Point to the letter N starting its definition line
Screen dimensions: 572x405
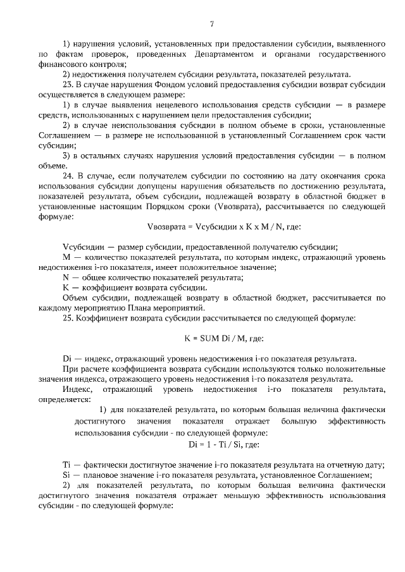(66, 277)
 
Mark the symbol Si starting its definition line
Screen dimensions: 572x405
(66, 475)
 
